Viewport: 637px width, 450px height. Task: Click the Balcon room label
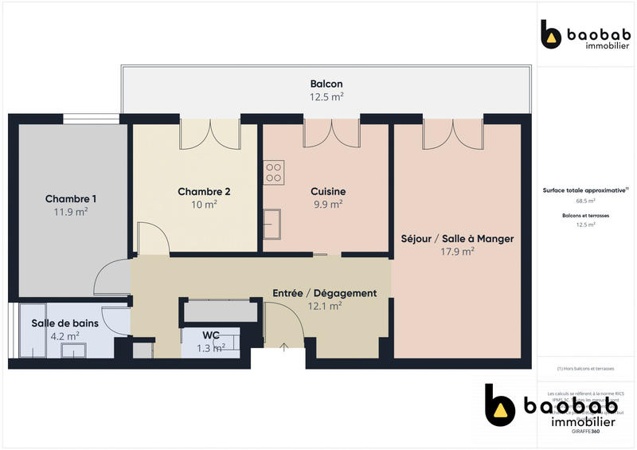pyautogui.click(x=326, y=84)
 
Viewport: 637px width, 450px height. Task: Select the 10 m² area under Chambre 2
pyautogui.click(x=204, y=205)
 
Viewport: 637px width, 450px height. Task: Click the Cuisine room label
pyautogui.click(x=327, y=191)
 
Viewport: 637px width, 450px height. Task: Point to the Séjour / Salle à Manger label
pyautogui.click(x=457, y=238)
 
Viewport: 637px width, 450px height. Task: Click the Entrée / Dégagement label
pyautogui.click(x=324, y=293)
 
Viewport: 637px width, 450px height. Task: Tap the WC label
pyautogui.click(x=211, y=335)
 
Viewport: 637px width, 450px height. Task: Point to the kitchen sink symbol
pyautogui.click(x=273, y=223)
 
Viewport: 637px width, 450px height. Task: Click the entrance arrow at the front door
pyautogui.click(x=285, y=347)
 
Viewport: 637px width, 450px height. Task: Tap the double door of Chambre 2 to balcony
pyautogui.click(x=209, y=133)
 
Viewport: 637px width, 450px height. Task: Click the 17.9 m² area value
pyautogui.click(x=457, y=252)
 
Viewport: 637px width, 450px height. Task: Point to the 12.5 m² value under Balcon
pyautogui.click(x=326, y=97)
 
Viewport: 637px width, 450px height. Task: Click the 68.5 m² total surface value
pyautogui.click(x=585, y=202)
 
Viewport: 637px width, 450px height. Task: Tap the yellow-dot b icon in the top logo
pyautogui.click(x=551, y=35)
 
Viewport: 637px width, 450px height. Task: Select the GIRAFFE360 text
pyautogui.click(x=585, y=431)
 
